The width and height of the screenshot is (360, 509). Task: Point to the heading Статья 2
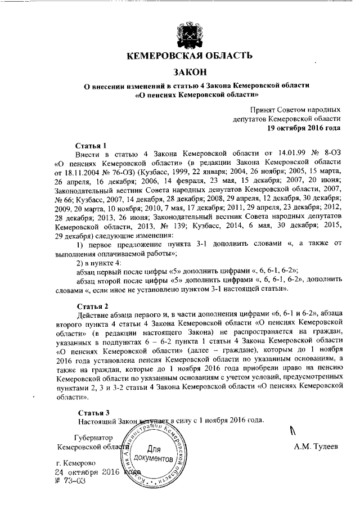[92, 307]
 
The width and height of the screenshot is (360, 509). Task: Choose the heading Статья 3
[92, 412]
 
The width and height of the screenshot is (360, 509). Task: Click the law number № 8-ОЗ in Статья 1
[326, 152]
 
